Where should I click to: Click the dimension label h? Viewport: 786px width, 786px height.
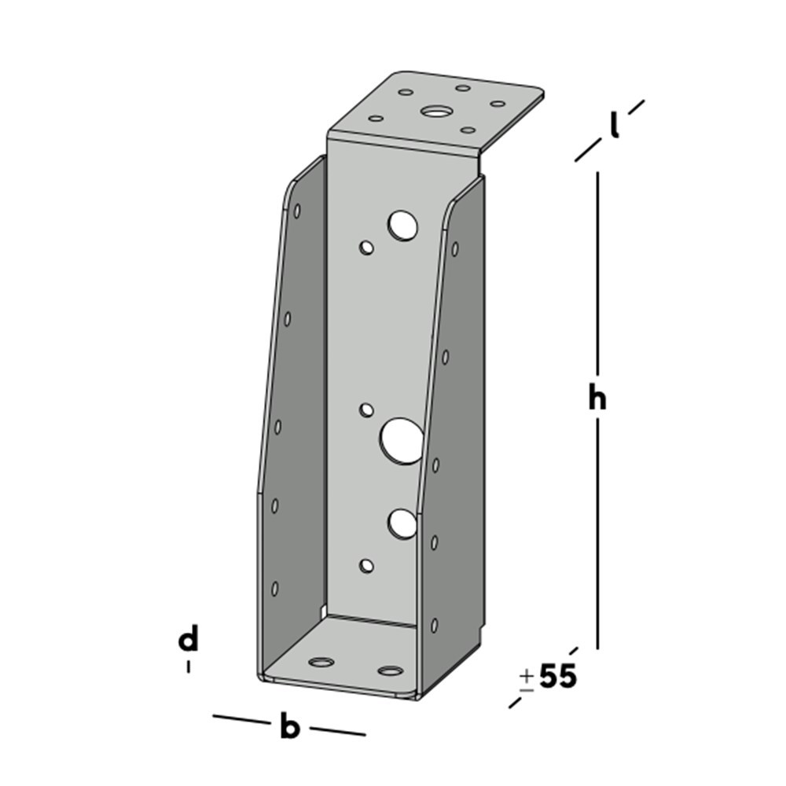(x=597, y=399)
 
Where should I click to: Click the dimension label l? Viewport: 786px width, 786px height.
(x=615, y=126)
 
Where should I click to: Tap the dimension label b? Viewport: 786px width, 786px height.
(x=290, y=727)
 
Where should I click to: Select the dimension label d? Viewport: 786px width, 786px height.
(x=188, y=641)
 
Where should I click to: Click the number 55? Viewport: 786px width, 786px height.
(x=558, y=677)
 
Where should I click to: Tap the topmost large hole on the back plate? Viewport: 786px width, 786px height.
(x=402, y=225)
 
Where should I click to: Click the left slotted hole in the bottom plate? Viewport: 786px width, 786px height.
(x=321, y=662)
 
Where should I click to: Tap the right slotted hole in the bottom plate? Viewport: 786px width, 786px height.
(x=391, y=670)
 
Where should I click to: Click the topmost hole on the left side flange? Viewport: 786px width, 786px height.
(x=297, y=211)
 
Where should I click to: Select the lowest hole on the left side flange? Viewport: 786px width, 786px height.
(x=275, y=587)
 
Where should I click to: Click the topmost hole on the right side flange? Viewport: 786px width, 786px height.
(x=455, y=249)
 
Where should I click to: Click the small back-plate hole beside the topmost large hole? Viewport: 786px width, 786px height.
(x=366, y=248)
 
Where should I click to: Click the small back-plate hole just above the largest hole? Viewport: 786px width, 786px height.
(x=366, y=409)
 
